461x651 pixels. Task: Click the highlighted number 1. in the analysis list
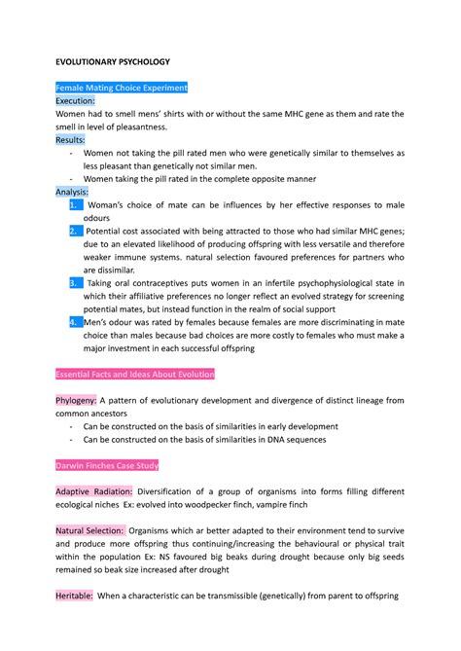(x=76, y=206)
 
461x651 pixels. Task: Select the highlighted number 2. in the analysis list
(x=76, y=231)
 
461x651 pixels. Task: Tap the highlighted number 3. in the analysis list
(x=76, y=282)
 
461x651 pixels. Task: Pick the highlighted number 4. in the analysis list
(x=76, y=321)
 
